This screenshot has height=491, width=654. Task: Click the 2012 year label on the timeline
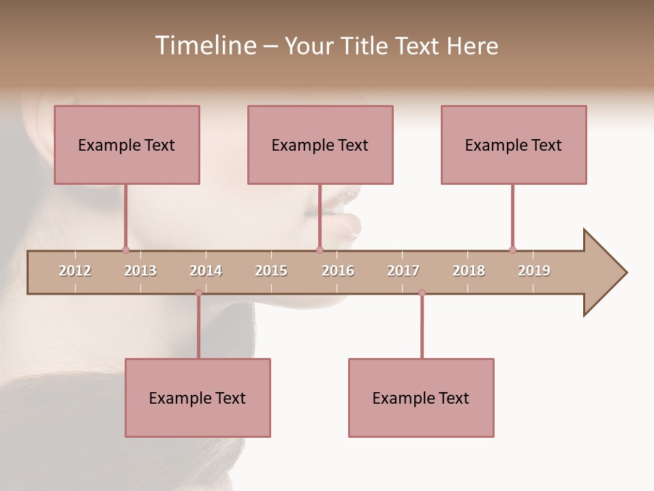[75, 271]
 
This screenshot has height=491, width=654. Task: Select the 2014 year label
[206, 271]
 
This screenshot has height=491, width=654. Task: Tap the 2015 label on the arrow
[271, 271]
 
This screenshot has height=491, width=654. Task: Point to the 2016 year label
[338, 271]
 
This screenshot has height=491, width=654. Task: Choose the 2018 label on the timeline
[469, 271]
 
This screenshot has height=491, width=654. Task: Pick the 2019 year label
[534, 271]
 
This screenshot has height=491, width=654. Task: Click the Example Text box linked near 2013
[127, 145]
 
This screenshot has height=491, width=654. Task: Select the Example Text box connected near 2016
[320, 145]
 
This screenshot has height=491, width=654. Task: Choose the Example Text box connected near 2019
[514, 145]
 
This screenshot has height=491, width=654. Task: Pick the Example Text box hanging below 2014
[198, 398]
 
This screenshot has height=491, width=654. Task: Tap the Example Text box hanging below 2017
[421, 398]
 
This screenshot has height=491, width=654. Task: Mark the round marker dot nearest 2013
[125, 250]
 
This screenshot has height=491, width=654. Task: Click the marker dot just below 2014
[198, 293]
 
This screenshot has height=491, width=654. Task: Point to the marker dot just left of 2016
[320, 250]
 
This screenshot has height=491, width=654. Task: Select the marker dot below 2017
[422, 293]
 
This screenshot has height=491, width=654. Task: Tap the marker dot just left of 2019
[512, 250]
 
